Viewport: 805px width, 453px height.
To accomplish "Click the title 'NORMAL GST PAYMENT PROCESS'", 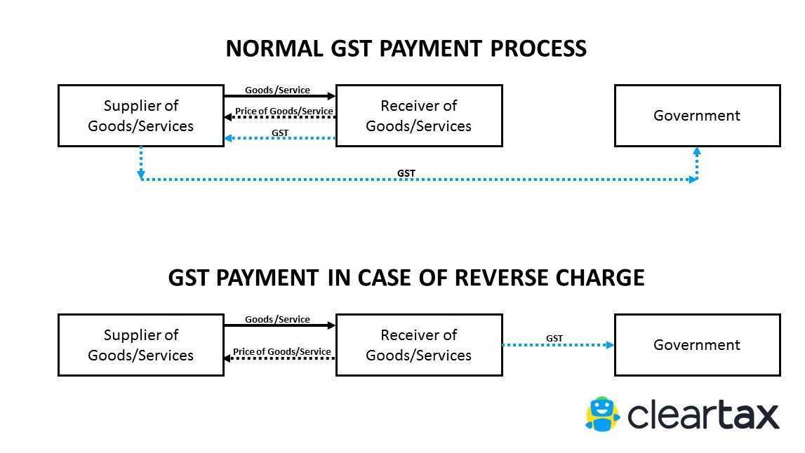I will point(406,49).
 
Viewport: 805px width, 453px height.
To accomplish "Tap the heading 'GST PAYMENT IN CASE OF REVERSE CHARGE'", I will point(406,278).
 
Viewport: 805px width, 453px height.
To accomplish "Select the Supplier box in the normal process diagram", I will point(140,116).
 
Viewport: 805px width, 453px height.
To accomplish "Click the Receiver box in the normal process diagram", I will point(419,116).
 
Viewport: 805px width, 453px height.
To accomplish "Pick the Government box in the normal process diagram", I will point(697,116).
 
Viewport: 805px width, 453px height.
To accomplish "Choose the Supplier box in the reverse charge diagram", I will point(140,345).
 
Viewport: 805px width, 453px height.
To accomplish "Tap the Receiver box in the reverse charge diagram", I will point(419,345).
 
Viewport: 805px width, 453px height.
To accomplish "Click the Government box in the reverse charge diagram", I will point(697,345).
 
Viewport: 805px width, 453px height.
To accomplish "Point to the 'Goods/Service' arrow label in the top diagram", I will point(277,90).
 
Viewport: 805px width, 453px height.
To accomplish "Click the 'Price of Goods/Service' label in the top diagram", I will point(284,111).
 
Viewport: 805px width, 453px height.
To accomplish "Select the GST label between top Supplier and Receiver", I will point(280,133).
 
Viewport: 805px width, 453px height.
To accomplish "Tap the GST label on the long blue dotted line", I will point(406,173).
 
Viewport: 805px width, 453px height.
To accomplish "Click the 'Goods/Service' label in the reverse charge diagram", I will point(277,320).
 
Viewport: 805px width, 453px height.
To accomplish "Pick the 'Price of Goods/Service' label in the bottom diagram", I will point(282,352).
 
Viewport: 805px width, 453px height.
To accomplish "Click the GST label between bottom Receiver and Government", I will point(554,339).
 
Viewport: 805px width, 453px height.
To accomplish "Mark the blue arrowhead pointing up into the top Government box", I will point(697,151).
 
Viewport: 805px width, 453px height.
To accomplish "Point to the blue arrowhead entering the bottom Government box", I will point(610,345).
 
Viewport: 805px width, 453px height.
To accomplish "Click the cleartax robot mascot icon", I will point(602,414).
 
